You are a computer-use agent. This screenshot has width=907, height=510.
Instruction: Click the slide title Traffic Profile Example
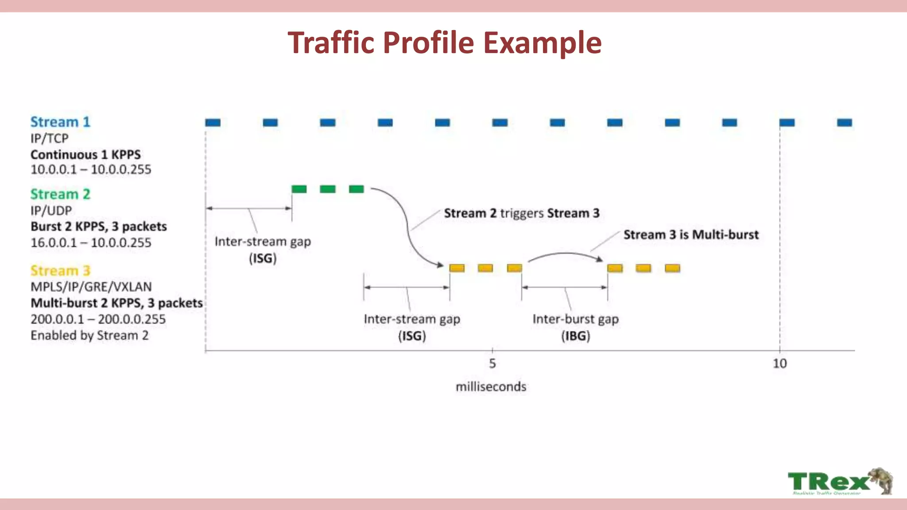pos(444,42)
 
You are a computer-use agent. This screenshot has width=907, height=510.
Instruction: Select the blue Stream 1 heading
pos(60,122)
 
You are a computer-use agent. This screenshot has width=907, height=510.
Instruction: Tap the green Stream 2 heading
pos(60,194)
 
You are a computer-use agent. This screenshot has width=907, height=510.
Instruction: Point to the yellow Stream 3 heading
pos(60,270)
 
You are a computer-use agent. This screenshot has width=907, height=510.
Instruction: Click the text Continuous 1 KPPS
pos(85,155)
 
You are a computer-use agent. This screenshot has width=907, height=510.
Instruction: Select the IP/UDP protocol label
pos(51,210)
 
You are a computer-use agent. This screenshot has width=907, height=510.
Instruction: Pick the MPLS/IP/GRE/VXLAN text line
pos(91,287)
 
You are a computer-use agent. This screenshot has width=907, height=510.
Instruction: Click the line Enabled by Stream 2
pos(89,336)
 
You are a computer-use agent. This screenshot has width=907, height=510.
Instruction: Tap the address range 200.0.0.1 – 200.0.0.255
pos(98,319)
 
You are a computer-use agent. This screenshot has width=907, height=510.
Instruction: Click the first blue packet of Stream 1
pos(213,123)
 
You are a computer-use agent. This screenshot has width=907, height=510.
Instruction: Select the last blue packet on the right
pos(845,123)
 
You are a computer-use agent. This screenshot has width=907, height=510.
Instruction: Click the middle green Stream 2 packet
pos(328,189)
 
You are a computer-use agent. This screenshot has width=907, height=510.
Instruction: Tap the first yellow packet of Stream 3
pos(457,268)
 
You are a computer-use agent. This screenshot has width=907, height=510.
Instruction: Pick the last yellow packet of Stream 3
pos(672,268)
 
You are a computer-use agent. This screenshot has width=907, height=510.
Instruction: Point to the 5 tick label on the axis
pos(492,363)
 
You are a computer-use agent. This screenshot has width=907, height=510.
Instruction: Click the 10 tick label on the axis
pos(779,363)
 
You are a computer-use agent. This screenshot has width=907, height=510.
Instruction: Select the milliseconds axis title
pos(491,387)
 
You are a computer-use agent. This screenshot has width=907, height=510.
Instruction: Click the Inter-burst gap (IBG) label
pos(575,327)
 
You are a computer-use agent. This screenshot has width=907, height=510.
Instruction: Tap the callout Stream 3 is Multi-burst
pos(691,235)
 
